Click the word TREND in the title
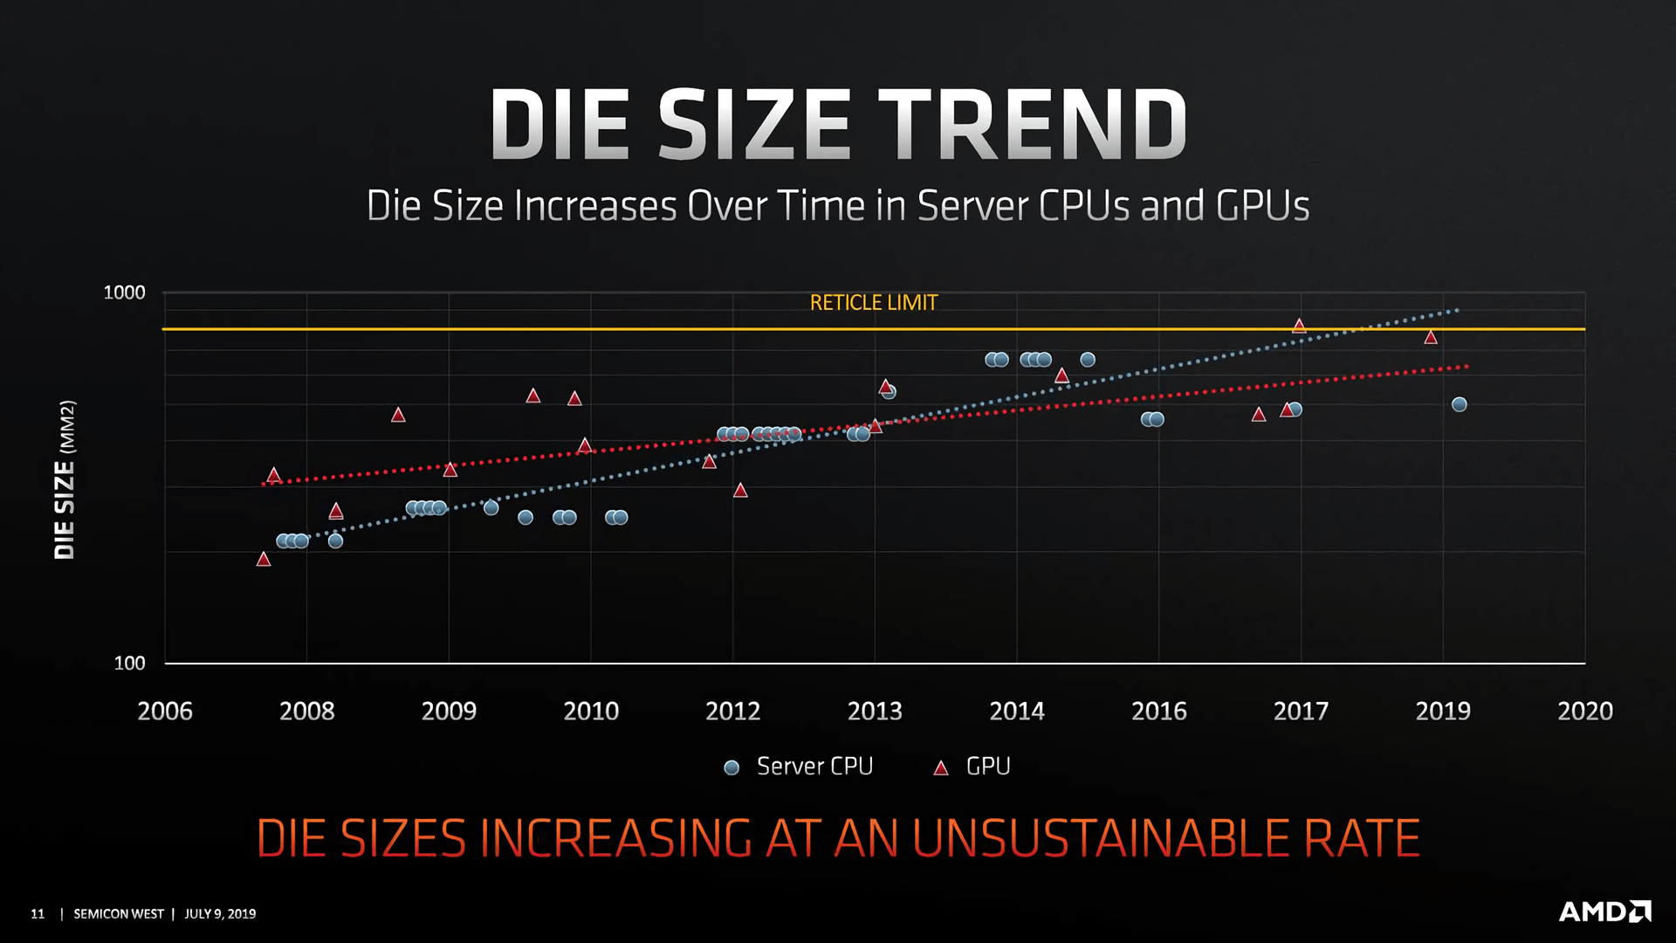[1032, 124]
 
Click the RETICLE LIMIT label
[873, 303]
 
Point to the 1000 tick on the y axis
[124, 293]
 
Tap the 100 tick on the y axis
[129, 664]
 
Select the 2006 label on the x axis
[165, 712]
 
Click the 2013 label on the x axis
[875, 712]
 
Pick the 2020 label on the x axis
[1584, 712]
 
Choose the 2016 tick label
[1158, 712]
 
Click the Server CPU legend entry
[799, 767]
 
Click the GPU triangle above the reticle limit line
[1299, 326]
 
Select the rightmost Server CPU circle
[1459, 404]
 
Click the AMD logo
[1604, 912]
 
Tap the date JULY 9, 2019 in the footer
[220, 914]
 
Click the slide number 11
[38, 914]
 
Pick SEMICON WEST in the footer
[119, 914]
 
